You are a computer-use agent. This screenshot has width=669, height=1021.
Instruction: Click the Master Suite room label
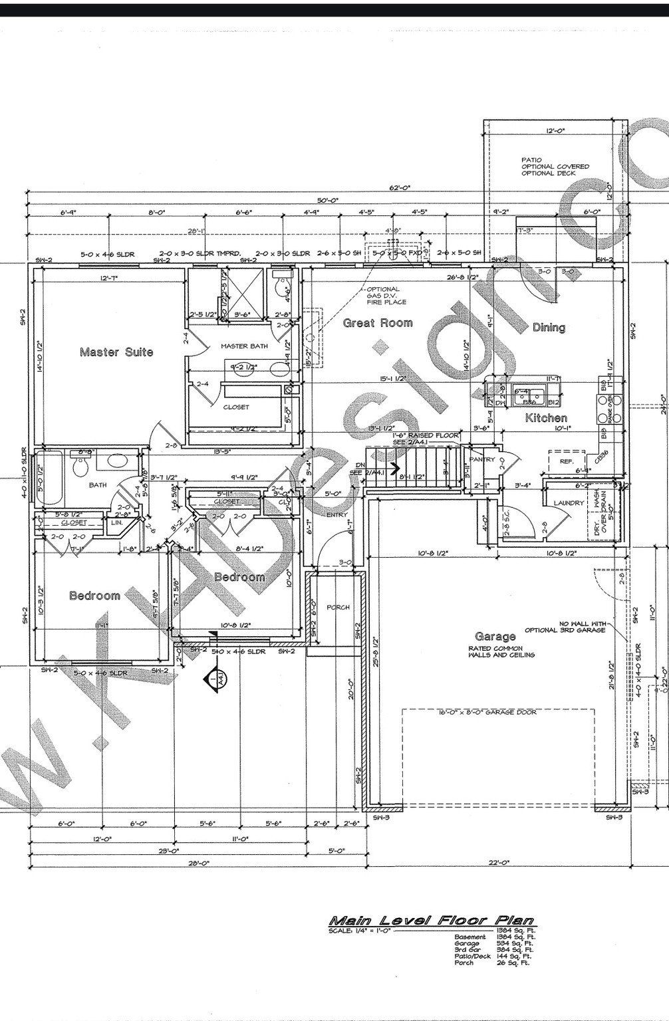tap(116, 352)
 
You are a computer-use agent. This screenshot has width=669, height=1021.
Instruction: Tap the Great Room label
tap(377, 323)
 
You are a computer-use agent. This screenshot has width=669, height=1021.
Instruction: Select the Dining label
tap(549, 327)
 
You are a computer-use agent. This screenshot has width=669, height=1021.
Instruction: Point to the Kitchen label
tap(546, 418)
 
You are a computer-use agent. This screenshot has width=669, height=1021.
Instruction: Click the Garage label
tap(495, 637)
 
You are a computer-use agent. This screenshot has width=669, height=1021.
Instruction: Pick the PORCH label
tap(338, 608)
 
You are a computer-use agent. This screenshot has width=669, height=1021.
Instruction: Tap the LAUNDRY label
tap(568, 503)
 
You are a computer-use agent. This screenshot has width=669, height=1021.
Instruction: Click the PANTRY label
tap(481, 459)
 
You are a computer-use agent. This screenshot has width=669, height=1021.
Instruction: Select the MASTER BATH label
tap(244, 346)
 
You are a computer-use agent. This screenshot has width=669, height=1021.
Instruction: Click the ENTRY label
tap(337, 515)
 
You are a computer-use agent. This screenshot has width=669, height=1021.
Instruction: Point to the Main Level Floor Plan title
tap(432, 921)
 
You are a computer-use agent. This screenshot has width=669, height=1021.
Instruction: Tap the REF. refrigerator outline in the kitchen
tap(566, 460)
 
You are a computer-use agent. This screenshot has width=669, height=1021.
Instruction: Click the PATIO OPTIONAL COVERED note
tap(555, 166)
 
